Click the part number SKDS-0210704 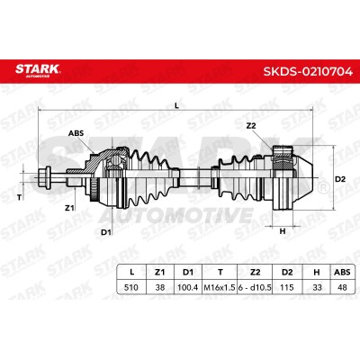click(308, 72)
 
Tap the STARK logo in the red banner click(38, 70)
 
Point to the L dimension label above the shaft click(176, 105)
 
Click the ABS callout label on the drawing click(76, 133)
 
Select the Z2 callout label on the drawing click(251, 126)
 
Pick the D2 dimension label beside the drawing click(340, 179)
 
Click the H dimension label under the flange click(283, 231)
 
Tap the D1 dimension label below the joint click(106, 232)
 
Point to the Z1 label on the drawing click(69, 208)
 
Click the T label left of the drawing click(20, 197)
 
